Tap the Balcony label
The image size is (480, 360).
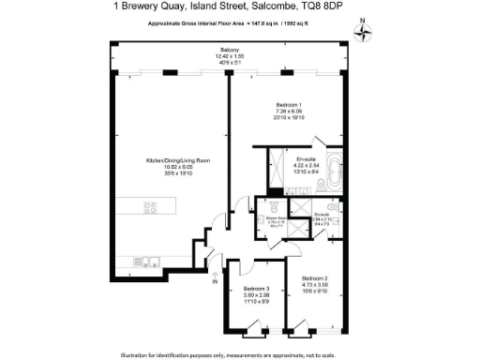(x=230, y=50)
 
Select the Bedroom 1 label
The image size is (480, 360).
(x=288, y=103)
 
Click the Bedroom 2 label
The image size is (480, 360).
(x=314, y=279)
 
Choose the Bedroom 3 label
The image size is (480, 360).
(x=256, y=288)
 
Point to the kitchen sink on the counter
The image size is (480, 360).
(x=145, y=261)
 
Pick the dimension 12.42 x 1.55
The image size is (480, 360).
(x=230, y=56)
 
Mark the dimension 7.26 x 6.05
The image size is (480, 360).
(x=288, y=110)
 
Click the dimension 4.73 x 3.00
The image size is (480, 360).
(x=314, y=286)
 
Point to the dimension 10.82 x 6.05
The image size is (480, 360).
(x=171, y=166)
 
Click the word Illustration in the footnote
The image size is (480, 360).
(x=139, y=353)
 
